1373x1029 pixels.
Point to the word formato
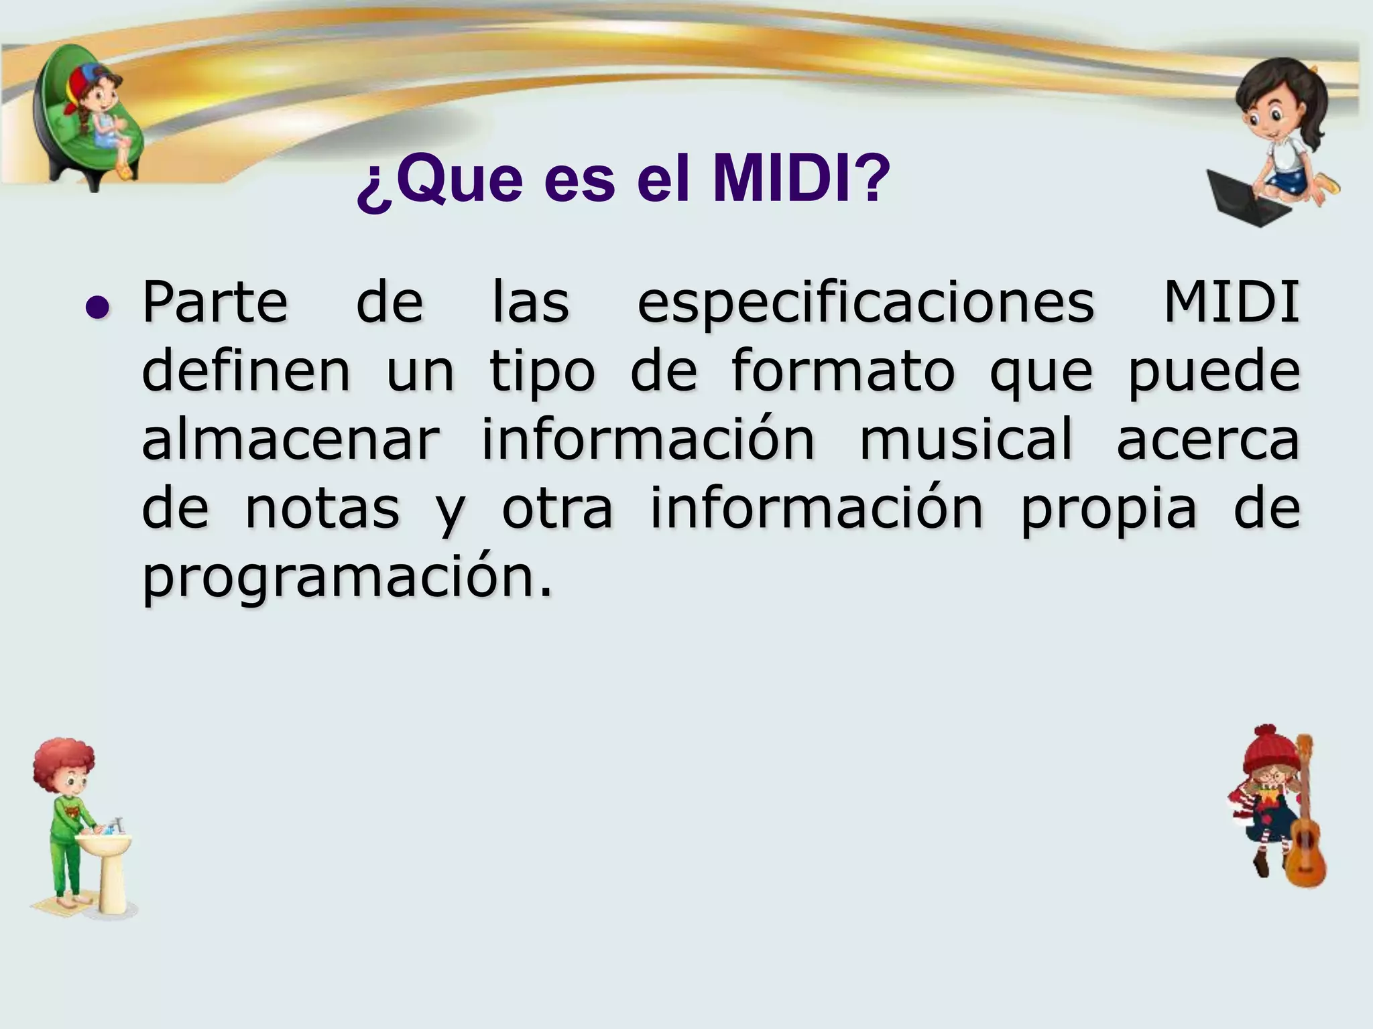842,372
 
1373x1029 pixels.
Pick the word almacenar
290,440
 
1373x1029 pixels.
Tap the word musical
966,440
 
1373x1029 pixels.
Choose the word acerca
1207,440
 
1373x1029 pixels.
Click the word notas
322,509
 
